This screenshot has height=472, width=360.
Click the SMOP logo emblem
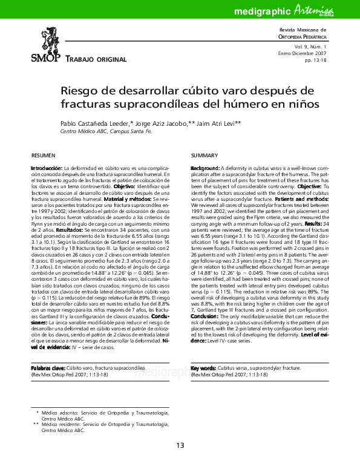click(x=45, y=39)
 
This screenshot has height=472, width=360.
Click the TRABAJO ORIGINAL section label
click(x=95, y=59)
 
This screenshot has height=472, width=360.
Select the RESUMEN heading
click(x=43, y=156)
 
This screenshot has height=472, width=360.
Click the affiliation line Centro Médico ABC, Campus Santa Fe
click(x=106, y=131)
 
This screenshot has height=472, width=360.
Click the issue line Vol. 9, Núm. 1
click(x=310, y=46)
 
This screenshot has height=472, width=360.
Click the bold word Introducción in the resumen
click(x=47, y=167)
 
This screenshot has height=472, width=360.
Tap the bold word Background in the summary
click(x=205, y=167)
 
